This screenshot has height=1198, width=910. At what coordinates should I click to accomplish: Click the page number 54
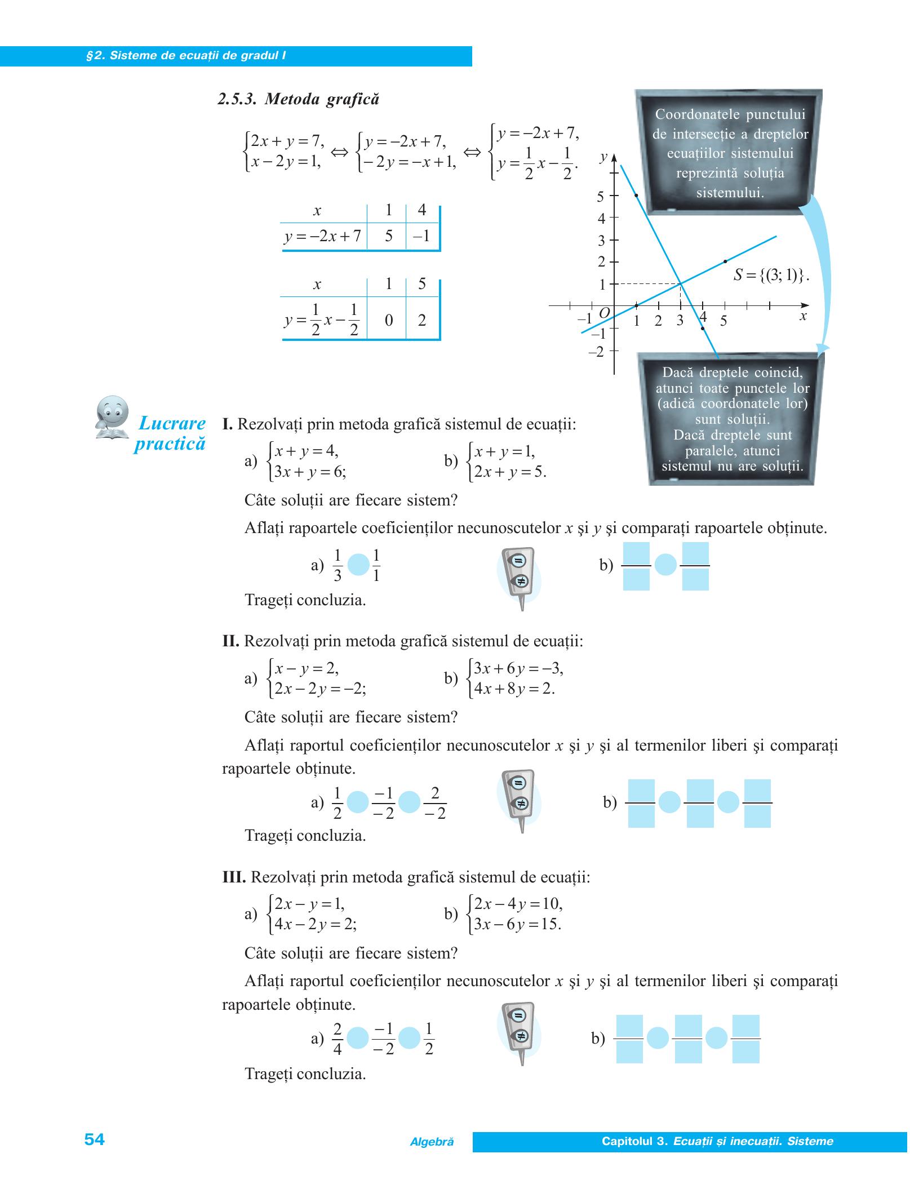tap(94, 1139)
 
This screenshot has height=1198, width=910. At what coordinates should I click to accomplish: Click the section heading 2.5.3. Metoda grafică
tap(298, 99)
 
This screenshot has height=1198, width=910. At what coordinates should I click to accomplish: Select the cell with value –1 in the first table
tap(421, 236)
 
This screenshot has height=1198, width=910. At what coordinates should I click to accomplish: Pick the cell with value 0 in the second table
tap(388, 321)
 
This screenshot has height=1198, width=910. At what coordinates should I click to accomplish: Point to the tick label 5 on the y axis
tap(600, 197)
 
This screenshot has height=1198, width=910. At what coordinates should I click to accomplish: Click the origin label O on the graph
tap(604, 313)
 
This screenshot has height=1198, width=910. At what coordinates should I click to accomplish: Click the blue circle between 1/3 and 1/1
tap(358, 565)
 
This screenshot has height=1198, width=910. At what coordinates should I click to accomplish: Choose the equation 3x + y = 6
tap(309, 472)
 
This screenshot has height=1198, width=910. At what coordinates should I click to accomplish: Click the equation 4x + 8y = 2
tap(514, 689)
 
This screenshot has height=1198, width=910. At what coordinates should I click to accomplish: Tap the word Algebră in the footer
tap(432, 1142)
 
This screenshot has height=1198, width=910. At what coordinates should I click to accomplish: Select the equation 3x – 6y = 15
tap(517, 925)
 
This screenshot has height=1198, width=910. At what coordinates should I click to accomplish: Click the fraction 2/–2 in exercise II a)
tap(434, 803)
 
